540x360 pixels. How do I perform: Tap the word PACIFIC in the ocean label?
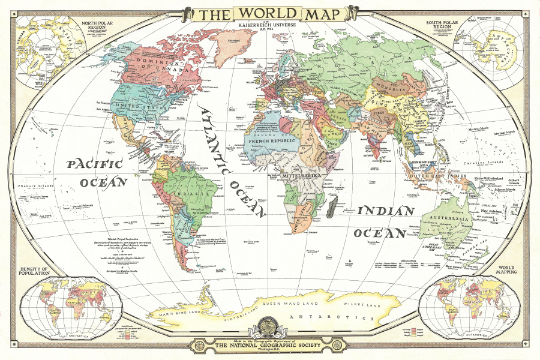[94, 164]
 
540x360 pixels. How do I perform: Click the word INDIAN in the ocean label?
[386, 211]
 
